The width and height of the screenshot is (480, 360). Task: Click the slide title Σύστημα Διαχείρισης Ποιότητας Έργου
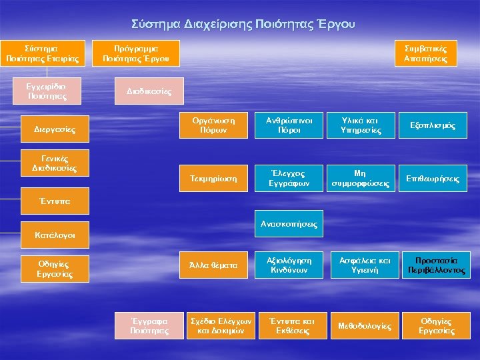243,25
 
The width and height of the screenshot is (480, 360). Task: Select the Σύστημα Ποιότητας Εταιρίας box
42,54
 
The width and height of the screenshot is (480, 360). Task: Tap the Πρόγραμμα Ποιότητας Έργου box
136,54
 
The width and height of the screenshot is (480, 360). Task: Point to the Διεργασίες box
54,129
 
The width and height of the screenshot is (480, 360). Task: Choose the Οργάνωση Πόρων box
211,125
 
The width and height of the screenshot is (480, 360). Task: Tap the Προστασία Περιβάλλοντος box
437,265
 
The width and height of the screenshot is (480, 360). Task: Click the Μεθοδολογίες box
364,325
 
